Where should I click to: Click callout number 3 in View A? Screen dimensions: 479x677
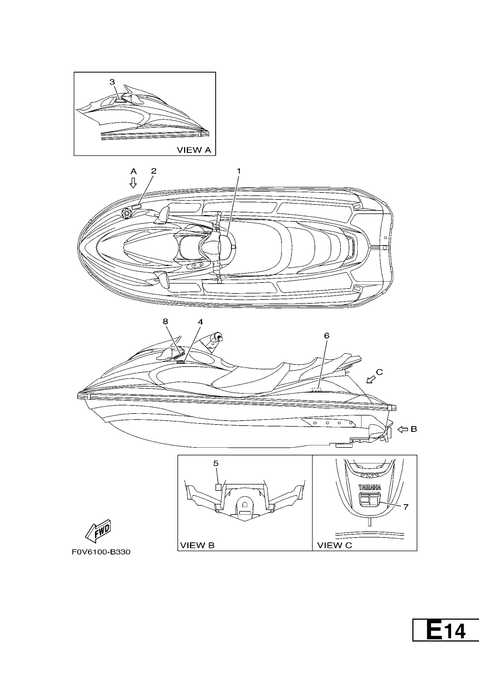(x=112, y=82)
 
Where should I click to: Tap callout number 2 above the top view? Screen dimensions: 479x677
(x=153, y=171)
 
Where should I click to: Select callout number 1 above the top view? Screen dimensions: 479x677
(x=239, y=171)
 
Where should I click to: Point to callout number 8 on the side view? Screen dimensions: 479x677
(x=165, y=321)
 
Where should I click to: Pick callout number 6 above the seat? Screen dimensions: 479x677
(x=327, y=335)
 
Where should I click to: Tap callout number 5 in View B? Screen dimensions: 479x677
(x=216, y=463)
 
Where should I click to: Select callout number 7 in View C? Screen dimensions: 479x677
(x=406, y=507)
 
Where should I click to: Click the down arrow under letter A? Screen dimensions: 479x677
(x=133, y=182)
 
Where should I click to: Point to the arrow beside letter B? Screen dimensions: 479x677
(x=403, y=429)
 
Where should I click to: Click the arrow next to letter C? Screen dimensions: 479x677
(x=371, y=379)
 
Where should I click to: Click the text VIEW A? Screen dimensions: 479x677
(x=194, y=150)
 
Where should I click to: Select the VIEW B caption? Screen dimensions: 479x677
(x=197, y=545)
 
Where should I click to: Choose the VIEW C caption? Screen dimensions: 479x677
(x=334, y=545)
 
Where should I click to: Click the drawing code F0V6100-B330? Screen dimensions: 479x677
(x=101, y=552)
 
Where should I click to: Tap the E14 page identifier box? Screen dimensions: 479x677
(x=446, y=630)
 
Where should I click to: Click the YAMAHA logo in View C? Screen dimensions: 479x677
(x=370, y=487)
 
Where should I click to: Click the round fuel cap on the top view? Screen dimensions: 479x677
(x=126, y=213)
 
